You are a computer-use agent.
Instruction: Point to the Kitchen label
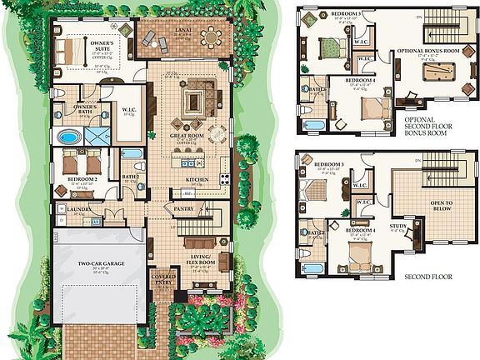click(197, 179)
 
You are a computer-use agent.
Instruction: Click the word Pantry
click(183, 208)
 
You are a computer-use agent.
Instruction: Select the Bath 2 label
click(130, 177)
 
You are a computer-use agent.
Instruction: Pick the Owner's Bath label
click(85, 108)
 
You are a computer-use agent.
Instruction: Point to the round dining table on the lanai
click(212, 37)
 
